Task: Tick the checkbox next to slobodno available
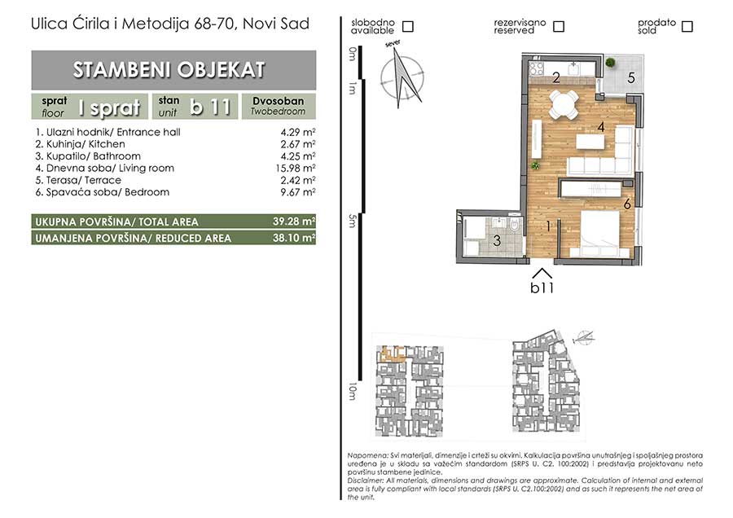click(408, 26)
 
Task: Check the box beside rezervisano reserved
click(558, 26)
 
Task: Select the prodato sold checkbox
click(687, 26)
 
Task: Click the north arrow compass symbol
click(402, 77)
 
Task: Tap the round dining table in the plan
click(563, 103)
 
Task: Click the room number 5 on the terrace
click(631, 77)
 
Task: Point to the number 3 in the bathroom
click(497, 241)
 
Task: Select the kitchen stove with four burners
click(536, 69)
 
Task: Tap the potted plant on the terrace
click(609, 62)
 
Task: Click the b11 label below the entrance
click(542, 288)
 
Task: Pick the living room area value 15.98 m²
click(296, 168)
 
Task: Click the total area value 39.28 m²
click(294, 222)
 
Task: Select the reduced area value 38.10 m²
click(294, 238)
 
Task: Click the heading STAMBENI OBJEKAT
click(169, 70)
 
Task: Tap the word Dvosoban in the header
click(279, 101)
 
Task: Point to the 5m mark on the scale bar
click(353, 221)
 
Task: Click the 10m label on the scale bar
click(353, 391)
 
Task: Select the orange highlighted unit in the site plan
click(393, 354)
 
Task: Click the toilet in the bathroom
click(516, 225)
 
